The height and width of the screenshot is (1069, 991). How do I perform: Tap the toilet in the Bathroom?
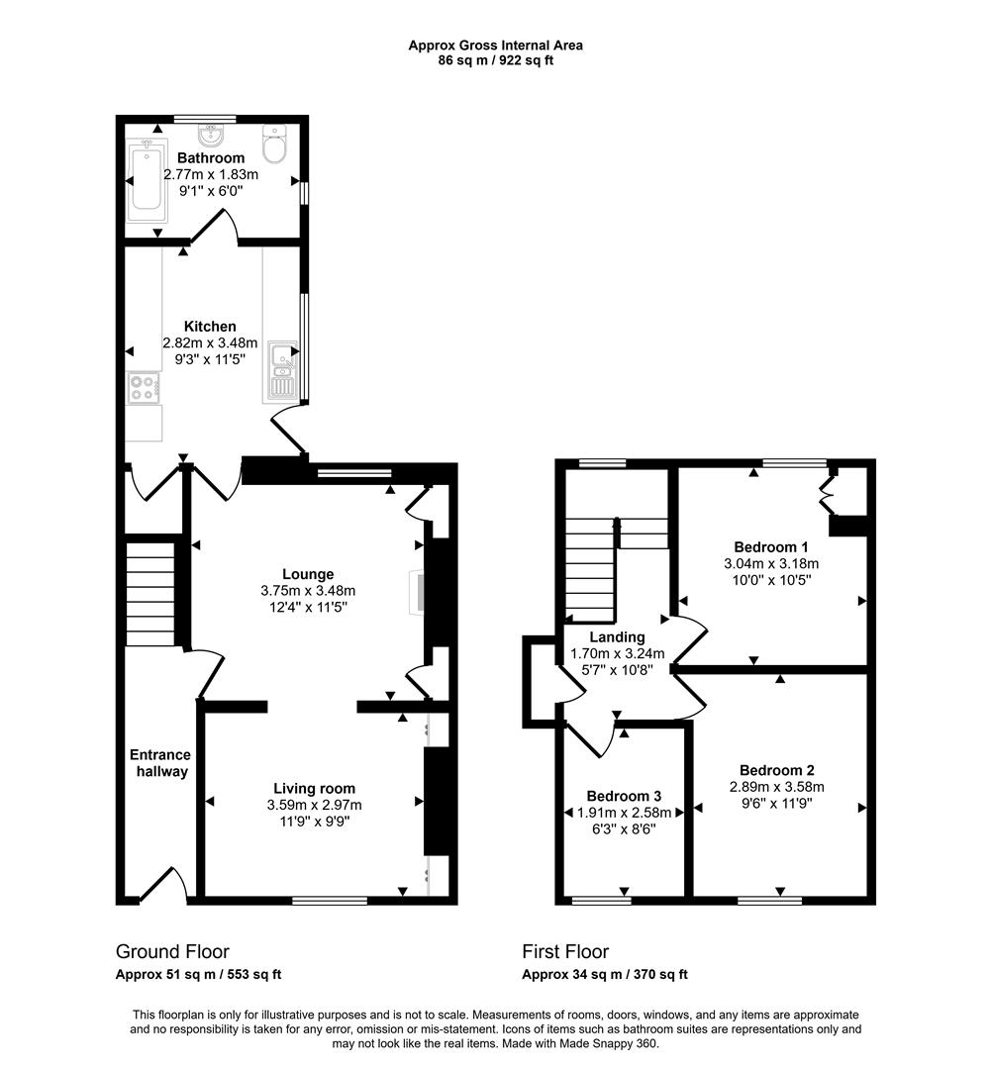coord(275,145)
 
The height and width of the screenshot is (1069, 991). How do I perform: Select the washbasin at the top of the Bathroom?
coord(210,132)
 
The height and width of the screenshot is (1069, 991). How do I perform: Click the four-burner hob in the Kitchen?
coord(143,387)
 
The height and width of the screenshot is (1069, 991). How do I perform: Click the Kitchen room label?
coord(210,327)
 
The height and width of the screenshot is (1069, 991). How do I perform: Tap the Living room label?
coord(314,788)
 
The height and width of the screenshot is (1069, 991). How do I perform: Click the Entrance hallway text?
coord(159,763)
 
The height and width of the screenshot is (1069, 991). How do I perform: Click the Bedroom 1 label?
coord(771,547)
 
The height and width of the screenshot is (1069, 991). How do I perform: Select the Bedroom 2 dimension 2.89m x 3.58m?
coord(777,787)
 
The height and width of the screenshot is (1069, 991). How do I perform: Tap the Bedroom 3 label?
coord(623,796)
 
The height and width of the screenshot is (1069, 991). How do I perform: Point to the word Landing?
coord(617,637)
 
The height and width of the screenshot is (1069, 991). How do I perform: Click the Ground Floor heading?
coord(172,951)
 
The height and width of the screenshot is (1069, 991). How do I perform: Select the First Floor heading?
coord(565,951)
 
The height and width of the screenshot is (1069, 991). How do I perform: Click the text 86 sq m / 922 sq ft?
coord(496,60)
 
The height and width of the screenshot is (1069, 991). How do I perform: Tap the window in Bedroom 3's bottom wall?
coord(602,900)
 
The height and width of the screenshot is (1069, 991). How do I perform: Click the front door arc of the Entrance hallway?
coord(162,884)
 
